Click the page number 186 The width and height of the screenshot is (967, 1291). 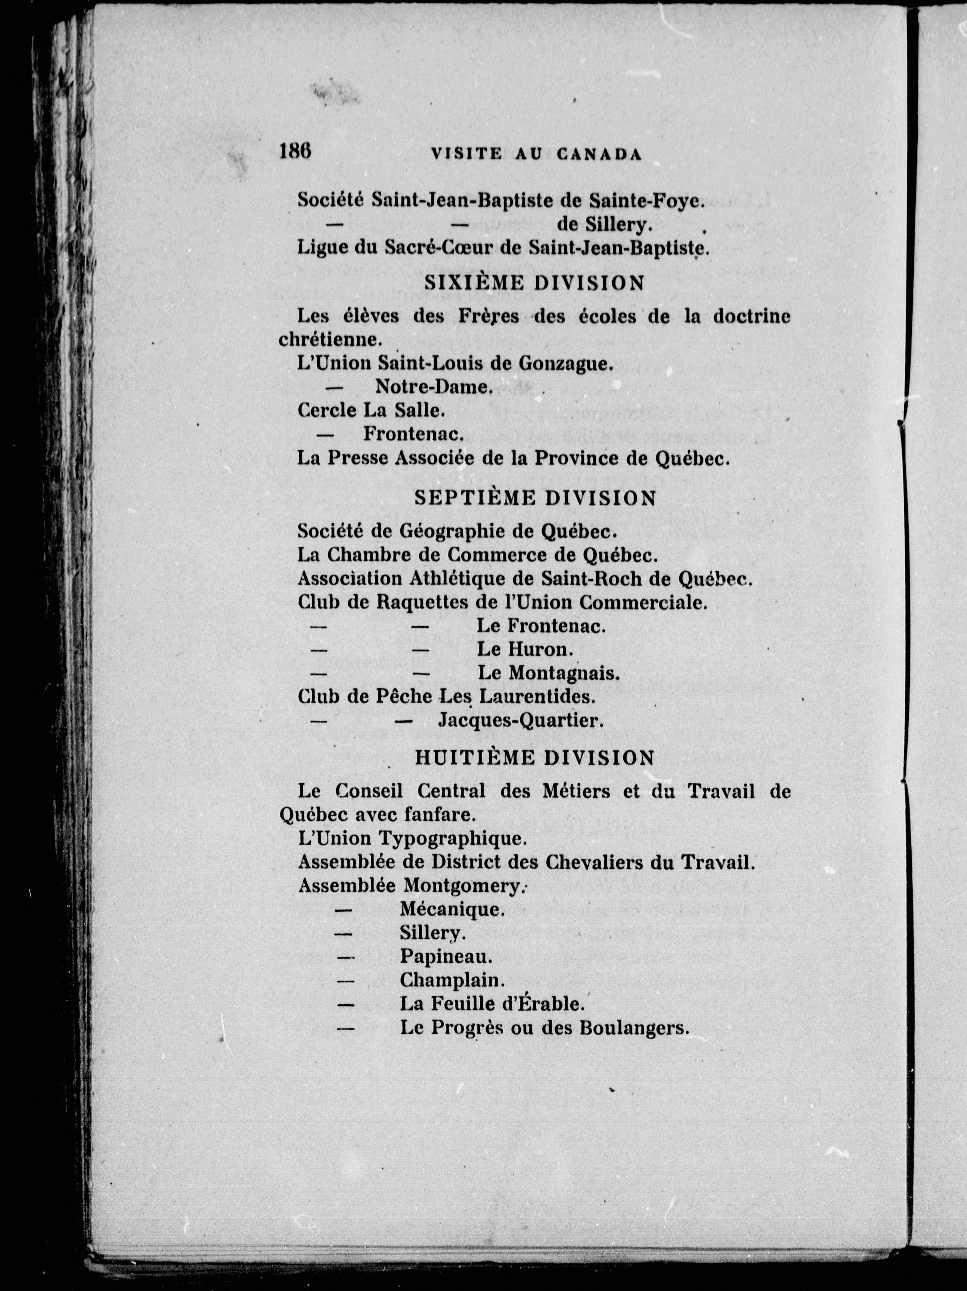click(295, 152)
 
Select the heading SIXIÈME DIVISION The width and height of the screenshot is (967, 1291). click(543, 283)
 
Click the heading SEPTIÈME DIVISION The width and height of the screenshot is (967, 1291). click(535, 498)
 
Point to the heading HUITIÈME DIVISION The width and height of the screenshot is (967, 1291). click(535, 758)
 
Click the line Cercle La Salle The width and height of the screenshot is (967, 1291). click(371, 410)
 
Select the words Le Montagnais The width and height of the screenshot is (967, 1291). click(548, 673)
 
